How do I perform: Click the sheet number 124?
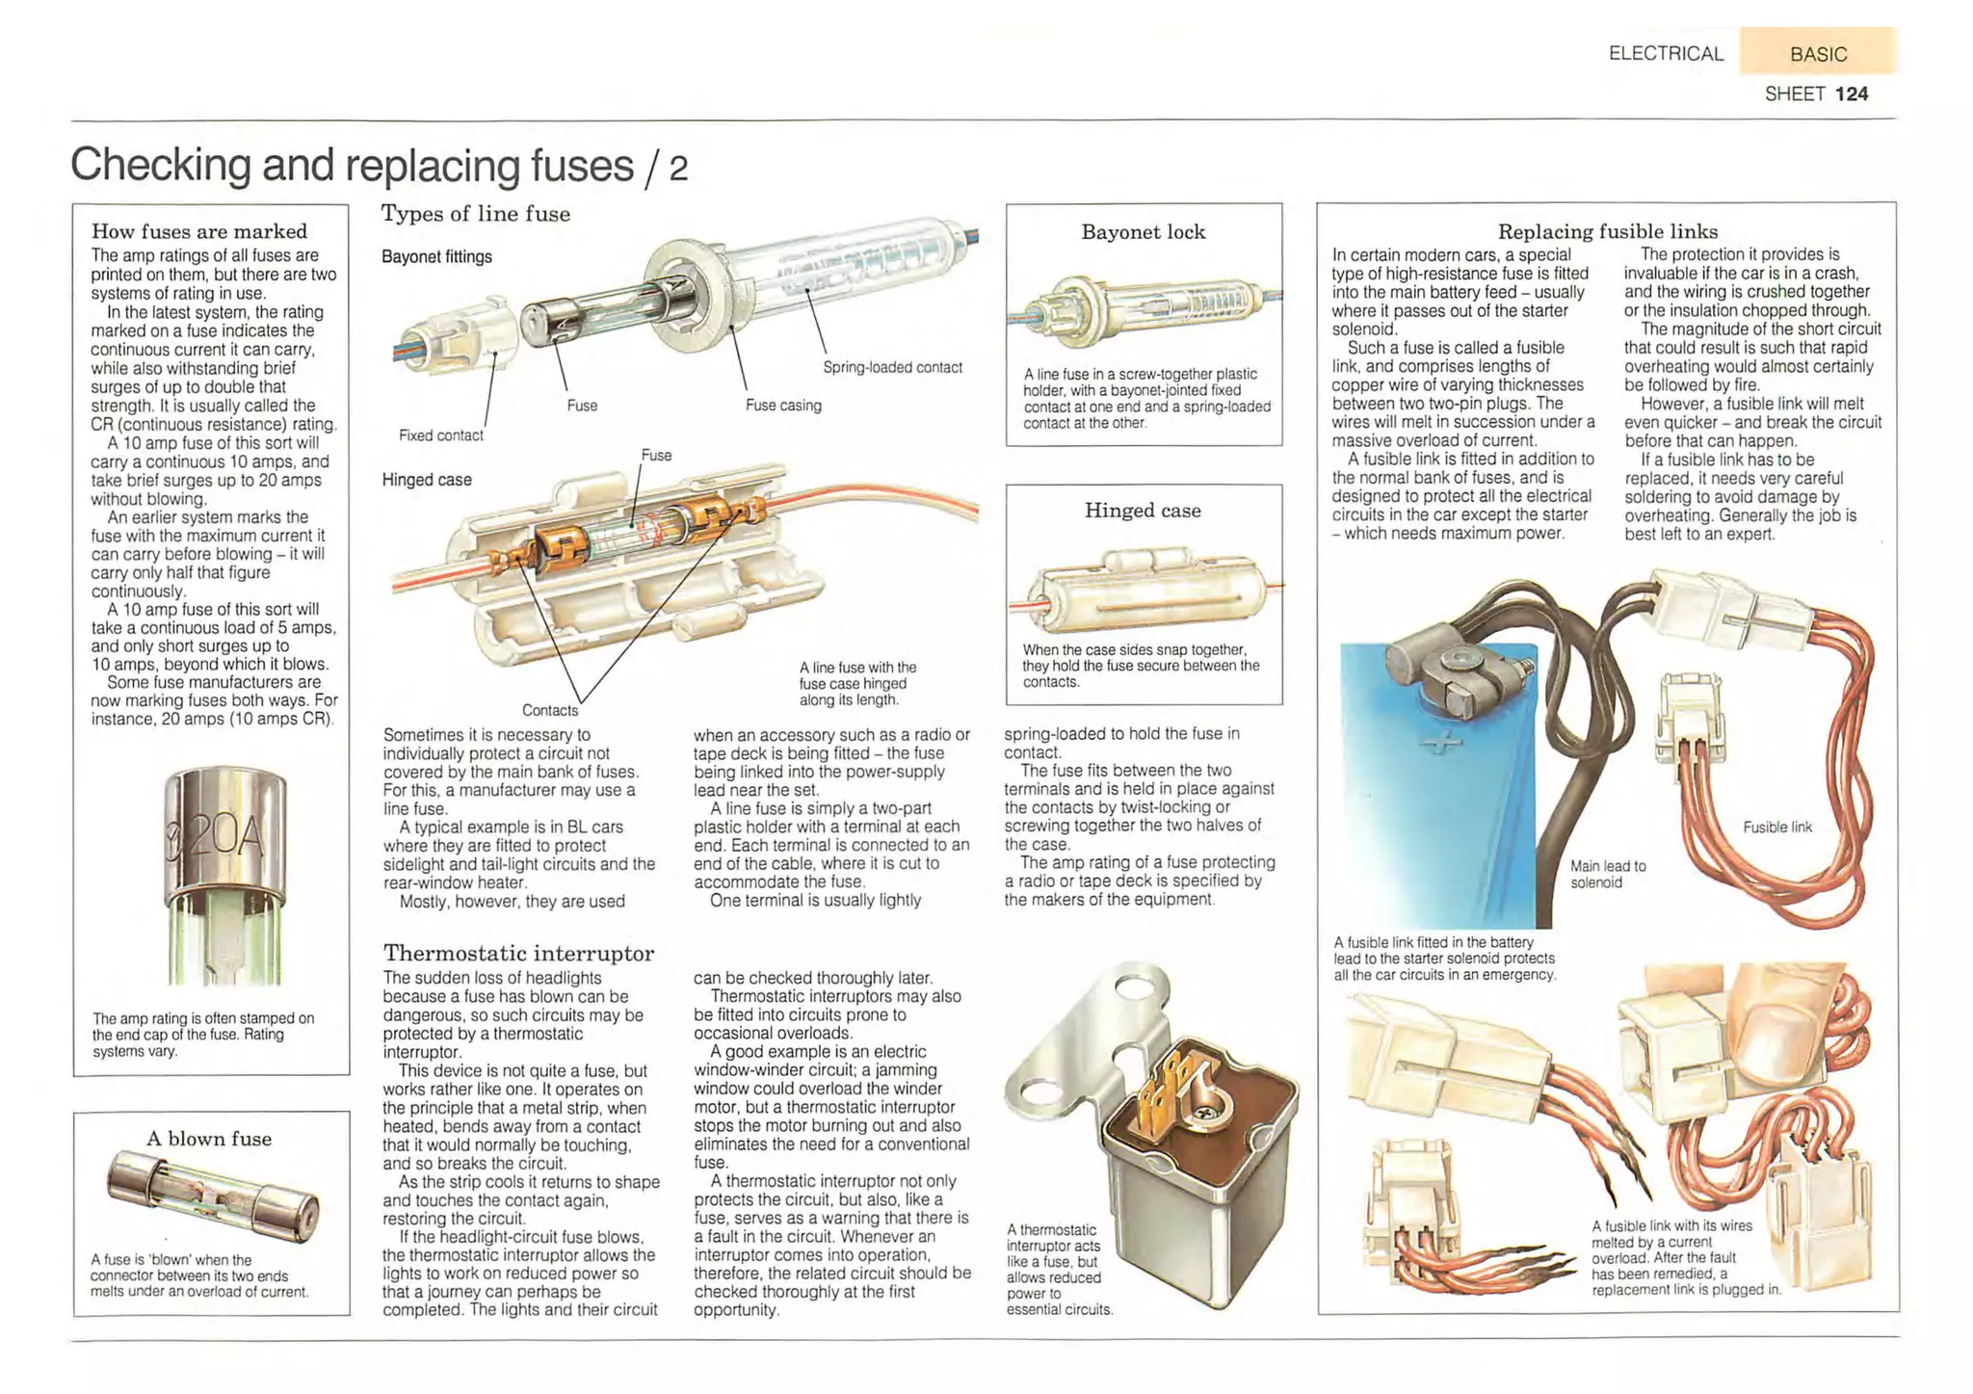coord(1851,93)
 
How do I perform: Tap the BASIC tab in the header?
coord(1818,54)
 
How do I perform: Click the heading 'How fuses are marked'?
coord(198,231)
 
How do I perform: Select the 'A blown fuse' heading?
coord(209,1139)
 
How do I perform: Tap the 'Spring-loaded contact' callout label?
coord(892,367)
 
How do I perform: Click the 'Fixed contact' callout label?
coord(440,435)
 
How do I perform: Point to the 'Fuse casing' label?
coord(783,406)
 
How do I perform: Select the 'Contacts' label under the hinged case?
coord(550,710)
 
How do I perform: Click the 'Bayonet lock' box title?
coord(1143,232)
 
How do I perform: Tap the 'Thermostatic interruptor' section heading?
coord(518,953)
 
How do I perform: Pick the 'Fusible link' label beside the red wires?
coord(1776,827)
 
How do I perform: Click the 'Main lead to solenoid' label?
coord(1607,874)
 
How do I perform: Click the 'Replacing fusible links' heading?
coord(1607,231)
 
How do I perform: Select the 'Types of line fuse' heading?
coord(476,214)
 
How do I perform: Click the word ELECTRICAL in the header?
coord(1666,54)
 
